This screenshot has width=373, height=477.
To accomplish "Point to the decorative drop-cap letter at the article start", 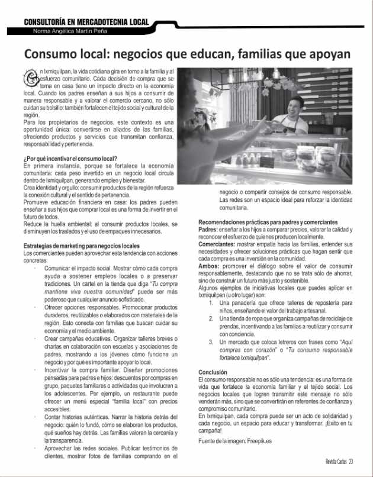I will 30,78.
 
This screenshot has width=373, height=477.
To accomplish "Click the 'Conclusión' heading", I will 213,372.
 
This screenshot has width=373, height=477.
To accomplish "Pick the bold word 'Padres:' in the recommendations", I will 208,230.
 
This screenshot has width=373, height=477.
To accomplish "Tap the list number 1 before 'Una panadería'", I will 211,303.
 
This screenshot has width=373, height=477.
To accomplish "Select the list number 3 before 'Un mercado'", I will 211,342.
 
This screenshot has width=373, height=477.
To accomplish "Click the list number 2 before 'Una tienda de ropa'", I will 211,318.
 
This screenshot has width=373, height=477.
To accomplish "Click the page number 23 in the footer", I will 351,462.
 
